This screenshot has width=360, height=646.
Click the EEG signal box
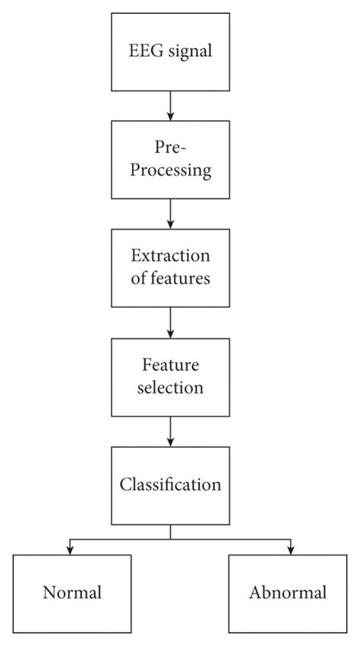[170, 52]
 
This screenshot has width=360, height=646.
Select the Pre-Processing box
[170, 159]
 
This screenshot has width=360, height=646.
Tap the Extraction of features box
[170, 267]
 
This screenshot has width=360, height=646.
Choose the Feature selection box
[170, 375]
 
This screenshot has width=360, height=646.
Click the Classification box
[170, 483]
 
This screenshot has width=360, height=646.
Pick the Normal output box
[71, 593]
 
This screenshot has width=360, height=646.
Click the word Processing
[170, 170]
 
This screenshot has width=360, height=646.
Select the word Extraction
[170, 256]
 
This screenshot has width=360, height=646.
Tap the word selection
[170, 387]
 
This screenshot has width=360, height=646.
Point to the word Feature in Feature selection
[170, 365]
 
